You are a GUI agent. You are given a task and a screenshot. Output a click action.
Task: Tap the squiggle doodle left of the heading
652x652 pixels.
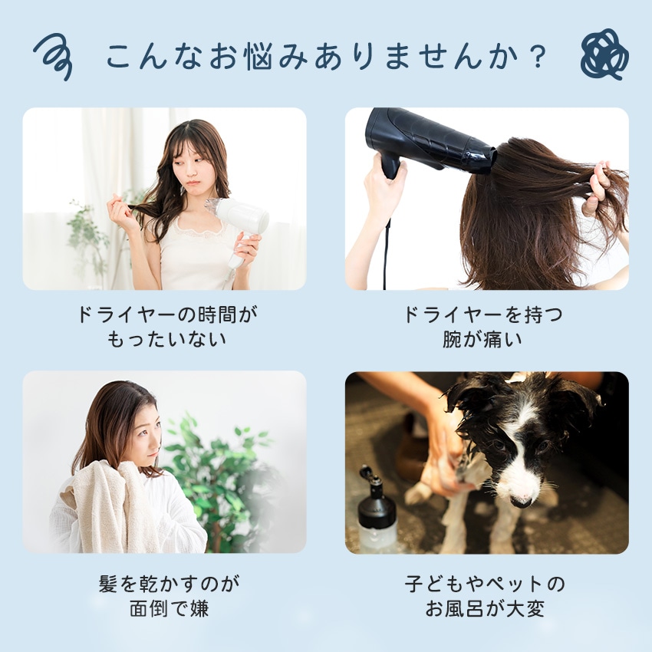click(x=53, y=56)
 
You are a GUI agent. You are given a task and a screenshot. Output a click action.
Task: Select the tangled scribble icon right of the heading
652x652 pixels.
click(x=604, y=54)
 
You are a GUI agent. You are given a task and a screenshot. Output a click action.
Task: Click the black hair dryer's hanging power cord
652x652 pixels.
click(x=386, y=255)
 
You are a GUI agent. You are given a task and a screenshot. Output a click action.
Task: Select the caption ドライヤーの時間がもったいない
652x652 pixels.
click(x=166, y=327)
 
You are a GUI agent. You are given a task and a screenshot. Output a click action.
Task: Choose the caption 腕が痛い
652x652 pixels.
click(x=482, y=339)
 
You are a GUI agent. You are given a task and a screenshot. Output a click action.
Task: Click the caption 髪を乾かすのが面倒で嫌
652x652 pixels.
click(x=169, y=596)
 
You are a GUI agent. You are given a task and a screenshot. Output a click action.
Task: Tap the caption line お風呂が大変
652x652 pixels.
click(x=485, y=609)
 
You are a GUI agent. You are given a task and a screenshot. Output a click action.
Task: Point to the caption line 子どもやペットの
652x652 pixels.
click(x=485, y=584)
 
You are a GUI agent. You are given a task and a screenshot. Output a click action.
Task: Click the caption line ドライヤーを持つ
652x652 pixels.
click(x=482, y=314)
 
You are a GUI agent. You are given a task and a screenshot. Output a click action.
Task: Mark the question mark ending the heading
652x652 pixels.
click(x=538, y=57)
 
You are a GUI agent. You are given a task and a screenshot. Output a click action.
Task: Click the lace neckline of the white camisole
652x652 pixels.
click(x=199, y=231)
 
